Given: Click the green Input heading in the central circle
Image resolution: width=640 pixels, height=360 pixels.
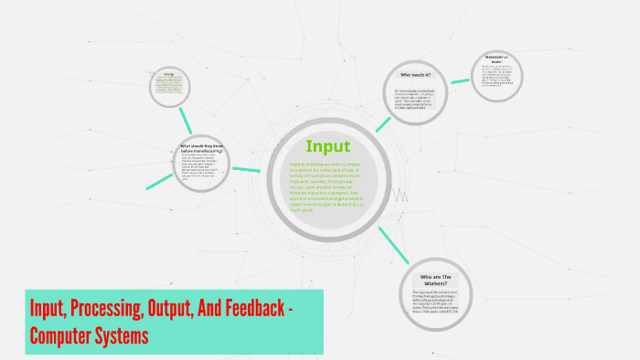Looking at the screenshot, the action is point(326,146).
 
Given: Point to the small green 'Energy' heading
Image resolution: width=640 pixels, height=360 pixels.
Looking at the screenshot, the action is point(168,73).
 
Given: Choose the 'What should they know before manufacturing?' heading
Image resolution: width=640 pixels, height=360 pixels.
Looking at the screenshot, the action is point(202,147).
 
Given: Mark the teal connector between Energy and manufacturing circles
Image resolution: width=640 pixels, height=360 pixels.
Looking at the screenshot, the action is point(187,119).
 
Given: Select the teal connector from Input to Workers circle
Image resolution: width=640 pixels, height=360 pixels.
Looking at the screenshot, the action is point(391,240).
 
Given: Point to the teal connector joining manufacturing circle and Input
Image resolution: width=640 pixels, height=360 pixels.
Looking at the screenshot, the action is point(247,169).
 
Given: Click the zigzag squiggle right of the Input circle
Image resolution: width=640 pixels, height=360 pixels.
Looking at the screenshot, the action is point(399,195).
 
